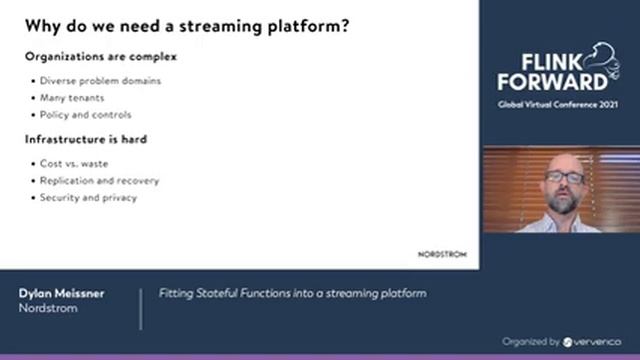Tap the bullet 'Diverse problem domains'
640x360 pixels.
tap(100, 81)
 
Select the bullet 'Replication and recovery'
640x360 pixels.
tap(99, 180)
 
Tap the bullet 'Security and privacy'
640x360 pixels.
tap(88, 197)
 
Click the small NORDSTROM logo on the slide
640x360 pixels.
tap(441, 254)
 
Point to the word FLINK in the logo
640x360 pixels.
tap(539, 60)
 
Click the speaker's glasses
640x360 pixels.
tap(565, 178)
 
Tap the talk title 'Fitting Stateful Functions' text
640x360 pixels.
tap(293, 293)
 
